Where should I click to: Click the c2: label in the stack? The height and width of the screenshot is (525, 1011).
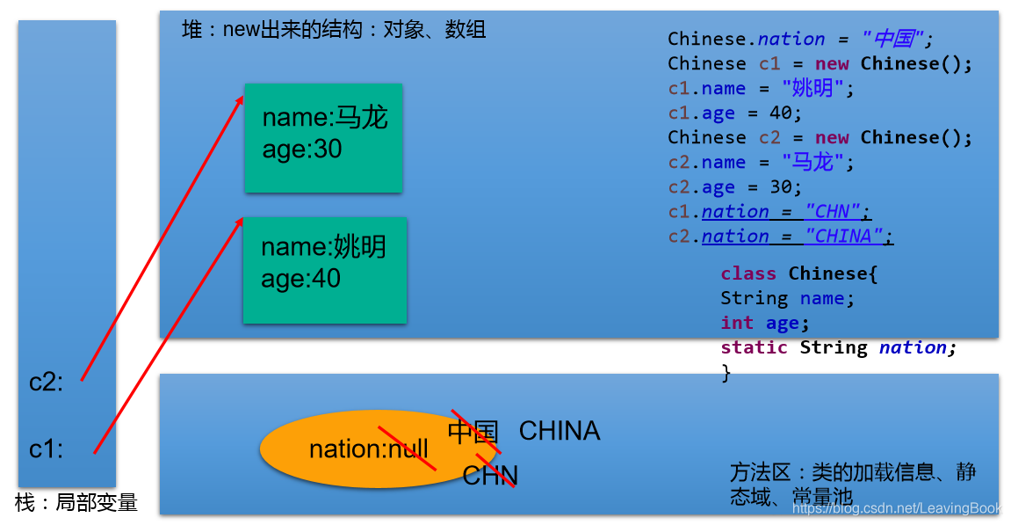(47, 383)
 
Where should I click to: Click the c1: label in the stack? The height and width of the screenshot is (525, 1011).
(47, 449)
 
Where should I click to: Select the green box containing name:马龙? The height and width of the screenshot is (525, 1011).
(323, 138)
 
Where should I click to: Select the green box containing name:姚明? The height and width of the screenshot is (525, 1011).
(325, 270)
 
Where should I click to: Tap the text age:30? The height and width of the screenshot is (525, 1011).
(302, 149)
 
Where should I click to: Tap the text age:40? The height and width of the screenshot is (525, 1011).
(300, 279)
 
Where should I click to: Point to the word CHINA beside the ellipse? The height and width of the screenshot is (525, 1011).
(560, 431)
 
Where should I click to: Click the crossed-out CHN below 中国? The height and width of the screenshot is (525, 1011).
(490, 476)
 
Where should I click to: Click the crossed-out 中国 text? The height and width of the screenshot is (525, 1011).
(473, 432)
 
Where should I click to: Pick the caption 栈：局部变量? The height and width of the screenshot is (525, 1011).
(76, 503)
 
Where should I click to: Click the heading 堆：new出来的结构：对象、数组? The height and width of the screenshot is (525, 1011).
(334, 31)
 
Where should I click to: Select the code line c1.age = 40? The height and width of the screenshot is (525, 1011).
(735, 113)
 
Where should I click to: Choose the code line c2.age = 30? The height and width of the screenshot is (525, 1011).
(735, 187)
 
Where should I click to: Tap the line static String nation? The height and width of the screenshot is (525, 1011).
(838, 347)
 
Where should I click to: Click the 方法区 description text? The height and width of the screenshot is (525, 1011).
(852, 485)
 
